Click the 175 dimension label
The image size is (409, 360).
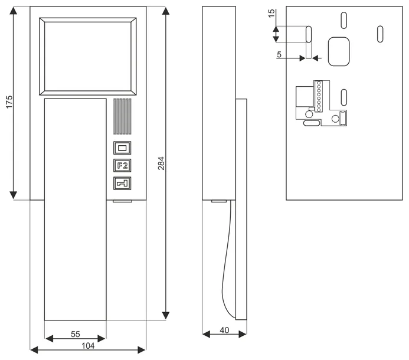tap(9, 102)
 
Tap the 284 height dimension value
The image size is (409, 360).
tap(161, 163)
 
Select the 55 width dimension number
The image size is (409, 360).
tap(76, 334)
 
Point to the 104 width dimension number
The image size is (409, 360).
tap(88, 346)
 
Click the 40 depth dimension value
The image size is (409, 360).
tap(224, 330)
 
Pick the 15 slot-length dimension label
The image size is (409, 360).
tap(271, 13)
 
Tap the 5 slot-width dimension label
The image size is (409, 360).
tap(279, 54)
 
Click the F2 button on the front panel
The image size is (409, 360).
tap(122, 165)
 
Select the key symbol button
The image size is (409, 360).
tap(122, 183)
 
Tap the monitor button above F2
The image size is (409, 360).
tap(122, 148)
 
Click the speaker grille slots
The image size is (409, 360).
tap(122, 116)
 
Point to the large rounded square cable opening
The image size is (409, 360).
tap(339, 51)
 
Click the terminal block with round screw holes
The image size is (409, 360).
tap(319, 97)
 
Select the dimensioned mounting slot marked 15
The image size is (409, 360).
tap(309, 34)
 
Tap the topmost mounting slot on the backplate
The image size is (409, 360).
tap(344, 20)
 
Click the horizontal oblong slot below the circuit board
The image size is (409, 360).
tap(312, 123)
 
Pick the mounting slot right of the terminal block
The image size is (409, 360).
tap(344, 97)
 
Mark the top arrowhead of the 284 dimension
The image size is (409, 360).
tap(166, 11)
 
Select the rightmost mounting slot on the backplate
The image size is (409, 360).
tap(380, 34)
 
